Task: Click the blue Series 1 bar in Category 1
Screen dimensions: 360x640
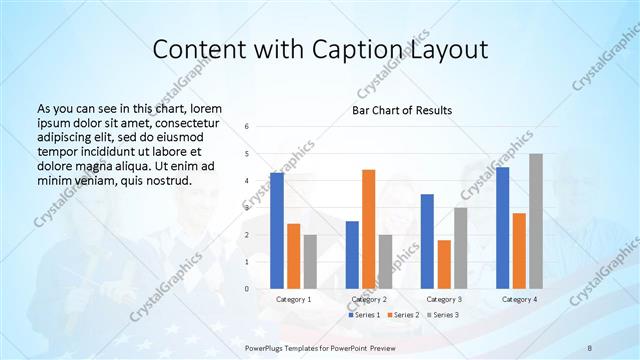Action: point(277,231)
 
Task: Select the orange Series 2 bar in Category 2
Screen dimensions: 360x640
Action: point(368,229)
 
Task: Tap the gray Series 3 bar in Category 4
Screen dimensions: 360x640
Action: point(536,221)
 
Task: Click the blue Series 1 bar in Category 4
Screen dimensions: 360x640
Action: point(502,228)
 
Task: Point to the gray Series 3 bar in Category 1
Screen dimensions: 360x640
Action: point(310,262)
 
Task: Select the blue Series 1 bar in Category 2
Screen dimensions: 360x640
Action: point(352,255)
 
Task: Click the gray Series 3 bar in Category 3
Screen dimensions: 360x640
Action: point(460,248)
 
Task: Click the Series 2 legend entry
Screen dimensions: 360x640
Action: point(402,315)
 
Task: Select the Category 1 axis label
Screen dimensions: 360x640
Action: point(293,299)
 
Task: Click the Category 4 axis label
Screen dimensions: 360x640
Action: point(518,299)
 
